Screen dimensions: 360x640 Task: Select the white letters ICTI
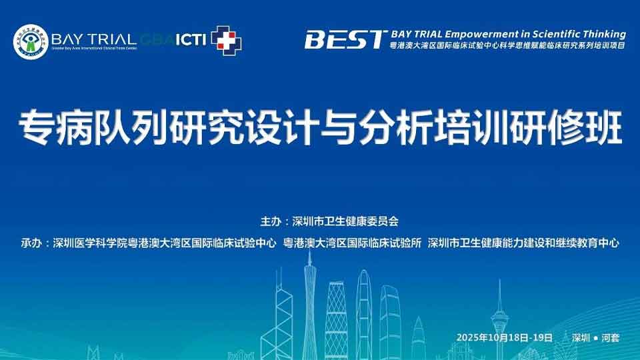point(191,39)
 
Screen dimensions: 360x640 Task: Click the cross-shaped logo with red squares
point(226,41)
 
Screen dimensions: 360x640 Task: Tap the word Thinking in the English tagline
point(603,34)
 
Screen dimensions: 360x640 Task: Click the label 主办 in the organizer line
point(270,221)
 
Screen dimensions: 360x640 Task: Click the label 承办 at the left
point(30,243)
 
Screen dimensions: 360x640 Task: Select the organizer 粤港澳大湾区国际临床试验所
point(352,243)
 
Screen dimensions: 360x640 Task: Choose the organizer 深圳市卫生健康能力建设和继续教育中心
point(523,243)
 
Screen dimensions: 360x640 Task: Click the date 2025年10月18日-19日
point(505,337)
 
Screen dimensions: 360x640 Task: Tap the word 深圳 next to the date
point(580,337)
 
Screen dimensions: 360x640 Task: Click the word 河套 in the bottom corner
point(610,337)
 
